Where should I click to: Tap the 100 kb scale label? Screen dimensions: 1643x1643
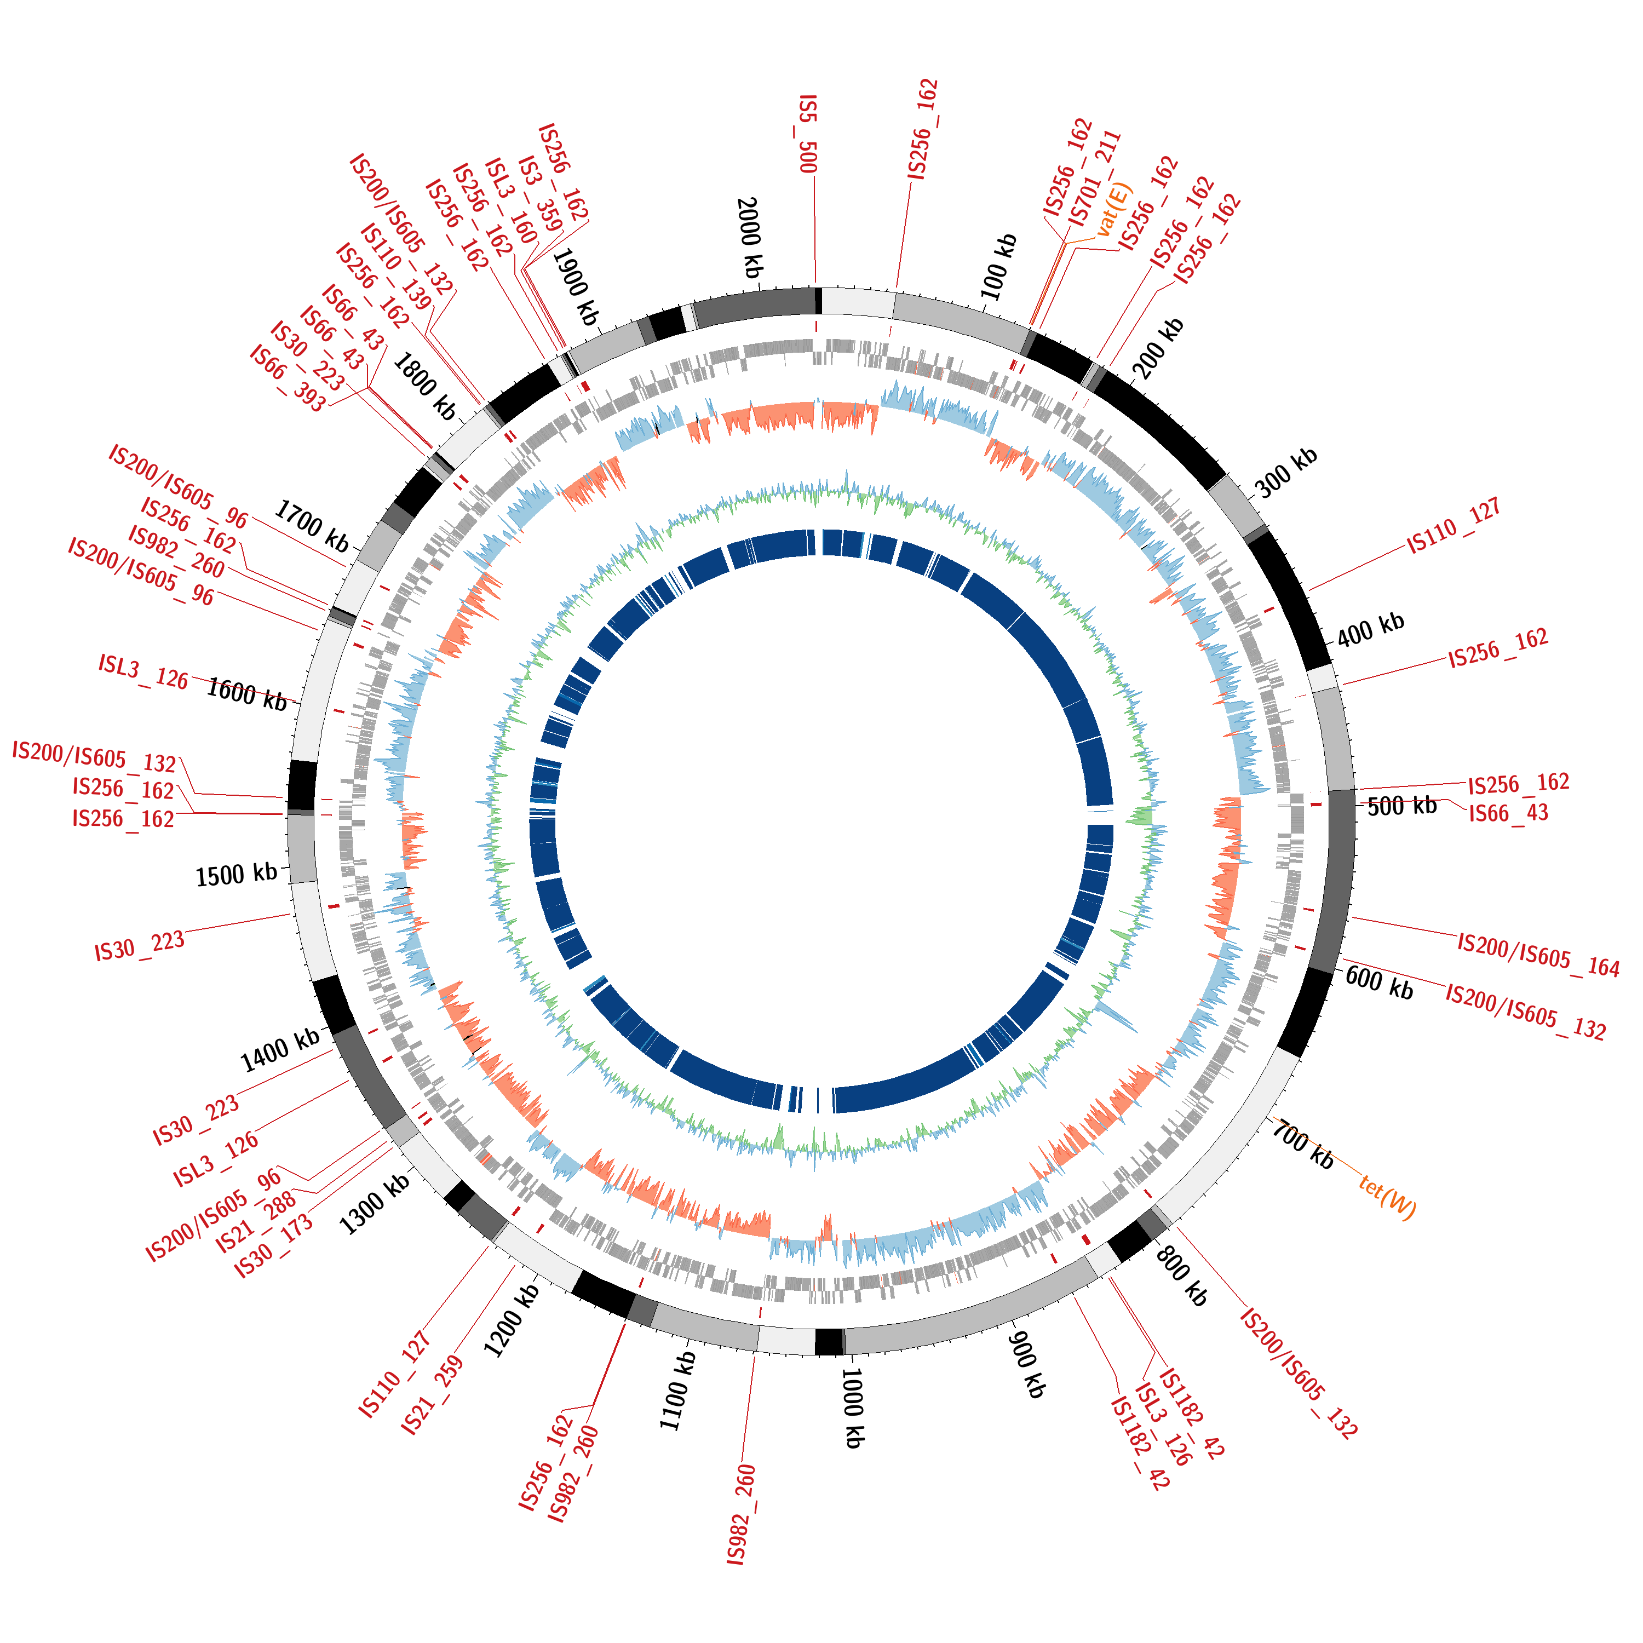pos(999,266)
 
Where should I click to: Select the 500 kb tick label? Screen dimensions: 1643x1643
pos(1401,805)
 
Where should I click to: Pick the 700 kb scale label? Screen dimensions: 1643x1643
pos(1302,1144)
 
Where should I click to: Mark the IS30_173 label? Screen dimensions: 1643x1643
pos(274,1246)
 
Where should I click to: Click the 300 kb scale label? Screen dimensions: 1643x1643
pos(1286,472)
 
